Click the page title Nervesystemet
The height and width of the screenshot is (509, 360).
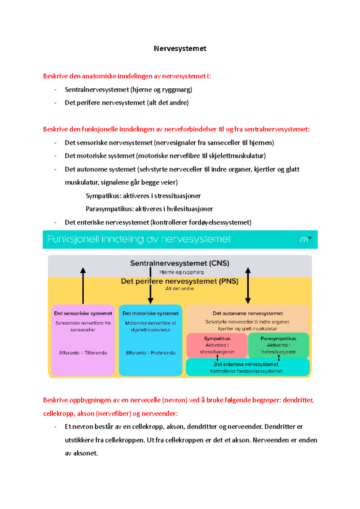(180, 49)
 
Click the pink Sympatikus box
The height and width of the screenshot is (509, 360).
(217, 345)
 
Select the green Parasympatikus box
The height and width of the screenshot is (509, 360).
(278, 345)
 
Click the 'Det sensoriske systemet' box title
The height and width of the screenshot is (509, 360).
(83, 313)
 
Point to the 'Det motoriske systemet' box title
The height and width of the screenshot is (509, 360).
(151, 313)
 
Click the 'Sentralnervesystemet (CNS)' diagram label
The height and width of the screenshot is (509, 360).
(180, 263)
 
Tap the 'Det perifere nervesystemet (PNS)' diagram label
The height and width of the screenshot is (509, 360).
(180, 281)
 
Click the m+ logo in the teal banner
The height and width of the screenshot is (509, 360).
(306, 239)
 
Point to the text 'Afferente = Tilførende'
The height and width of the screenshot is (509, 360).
(83, 353)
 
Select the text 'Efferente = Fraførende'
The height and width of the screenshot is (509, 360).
(151, 353)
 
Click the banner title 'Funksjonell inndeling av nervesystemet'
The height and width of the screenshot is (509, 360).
(139, 239)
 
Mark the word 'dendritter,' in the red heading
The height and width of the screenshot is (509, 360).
(298, 400)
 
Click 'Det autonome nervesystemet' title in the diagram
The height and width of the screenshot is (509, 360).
(248, 313)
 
